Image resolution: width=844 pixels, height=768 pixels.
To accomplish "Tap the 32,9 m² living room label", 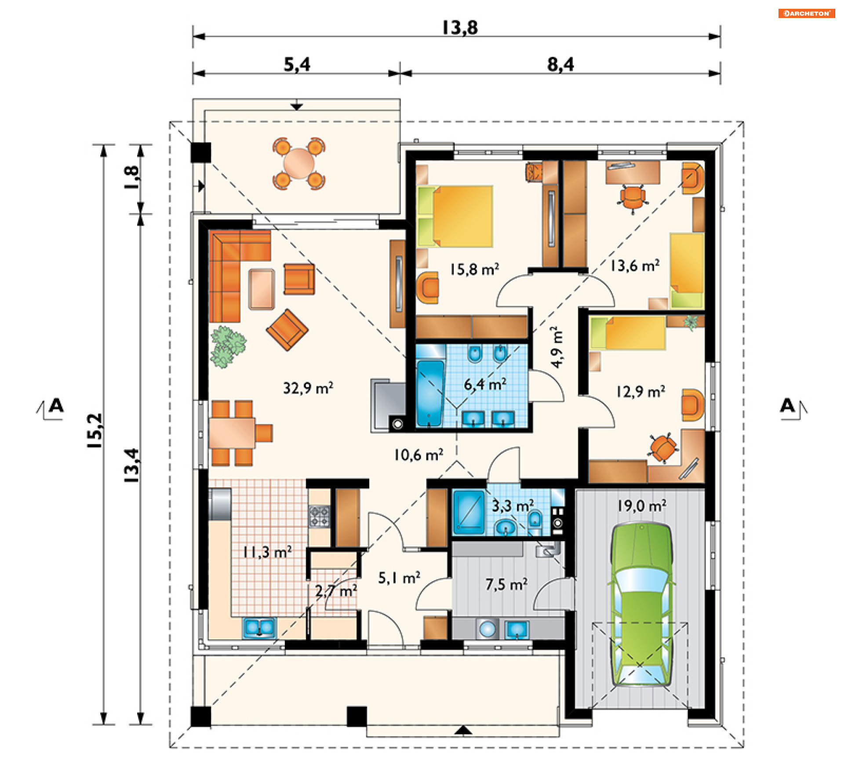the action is click(308, 388).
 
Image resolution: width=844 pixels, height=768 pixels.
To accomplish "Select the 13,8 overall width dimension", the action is click(460, 27).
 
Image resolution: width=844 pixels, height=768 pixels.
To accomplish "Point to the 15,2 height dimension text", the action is click(95, 431).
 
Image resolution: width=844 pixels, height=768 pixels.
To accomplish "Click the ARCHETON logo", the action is click(806, 13).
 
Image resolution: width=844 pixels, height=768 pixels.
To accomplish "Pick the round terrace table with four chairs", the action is click(299, 164).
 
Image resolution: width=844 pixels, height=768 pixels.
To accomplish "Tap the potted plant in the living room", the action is click(228, 346).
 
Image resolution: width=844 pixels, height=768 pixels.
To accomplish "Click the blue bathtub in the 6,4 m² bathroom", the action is click(430, 393).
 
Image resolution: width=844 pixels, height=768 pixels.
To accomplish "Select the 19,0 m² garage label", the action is click(641, 506).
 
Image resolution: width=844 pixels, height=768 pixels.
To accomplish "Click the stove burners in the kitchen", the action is click(319, 517).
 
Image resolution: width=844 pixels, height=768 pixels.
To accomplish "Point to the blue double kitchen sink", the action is click(259, 627).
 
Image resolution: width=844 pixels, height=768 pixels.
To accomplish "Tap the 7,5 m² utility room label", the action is click(506, 584).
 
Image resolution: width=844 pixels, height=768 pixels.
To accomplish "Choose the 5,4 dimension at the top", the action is click(297, 65).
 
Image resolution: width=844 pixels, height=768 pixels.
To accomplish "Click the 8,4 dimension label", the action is click(560, 65).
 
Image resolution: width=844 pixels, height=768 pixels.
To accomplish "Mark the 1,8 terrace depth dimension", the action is click(132, 177).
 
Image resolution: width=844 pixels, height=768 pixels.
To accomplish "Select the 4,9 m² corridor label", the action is click(557, 347).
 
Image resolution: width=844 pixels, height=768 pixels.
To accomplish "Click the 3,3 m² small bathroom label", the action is click(513, 506).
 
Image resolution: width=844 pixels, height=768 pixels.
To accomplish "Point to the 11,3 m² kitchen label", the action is click(267, 552).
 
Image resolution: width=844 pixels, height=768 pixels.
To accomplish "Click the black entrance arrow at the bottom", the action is click(463, 730).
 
